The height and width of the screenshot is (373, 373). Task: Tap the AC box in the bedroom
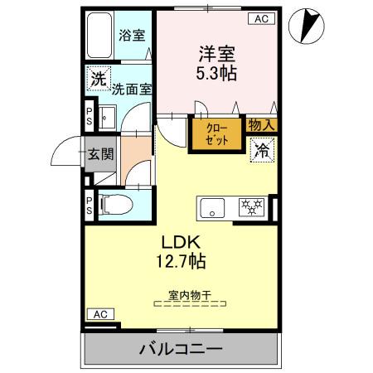pos(260,18)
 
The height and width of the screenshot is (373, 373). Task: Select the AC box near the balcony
pos(99,314)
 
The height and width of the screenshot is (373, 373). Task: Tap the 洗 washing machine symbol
pos(98,80)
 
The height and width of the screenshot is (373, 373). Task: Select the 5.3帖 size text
pos(216,73)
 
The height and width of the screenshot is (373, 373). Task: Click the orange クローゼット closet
pos(216,133)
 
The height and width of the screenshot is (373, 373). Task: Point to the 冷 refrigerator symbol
pos(262,150)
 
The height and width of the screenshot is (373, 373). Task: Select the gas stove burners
pos(250,208)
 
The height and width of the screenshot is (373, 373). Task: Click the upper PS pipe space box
pos(90,116)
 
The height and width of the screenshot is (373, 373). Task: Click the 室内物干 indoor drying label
pos(190,294)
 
